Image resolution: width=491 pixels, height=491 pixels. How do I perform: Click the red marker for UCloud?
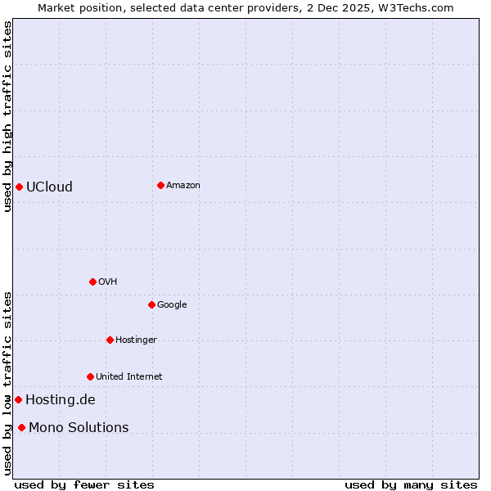(19, 187)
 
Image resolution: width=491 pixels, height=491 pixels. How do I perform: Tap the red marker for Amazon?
(160, 185)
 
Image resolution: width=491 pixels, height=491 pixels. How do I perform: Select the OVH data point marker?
(92, 282)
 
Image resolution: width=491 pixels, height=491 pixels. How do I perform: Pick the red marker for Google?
(151, 304)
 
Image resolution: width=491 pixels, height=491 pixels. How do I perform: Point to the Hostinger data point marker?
(110, 340)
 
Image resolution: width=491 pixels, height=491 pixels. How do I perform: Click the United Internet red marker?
(90, 376)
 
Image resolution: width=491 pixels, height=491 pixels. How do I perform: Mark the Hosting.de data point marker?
(18, 399)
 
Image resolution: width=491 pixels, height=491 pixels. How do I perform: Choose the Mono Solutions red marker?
(21, 427)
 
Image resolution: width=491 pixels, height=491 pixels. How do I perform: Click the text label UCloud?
(49, 187)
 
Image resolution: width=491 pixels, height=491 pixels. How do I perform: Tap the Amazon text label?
(183, 185)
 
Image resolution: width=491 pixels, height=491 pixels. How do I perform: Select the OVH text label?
(108, 282)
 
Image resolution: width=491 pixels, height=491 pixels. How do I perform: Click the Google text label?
(172, 304)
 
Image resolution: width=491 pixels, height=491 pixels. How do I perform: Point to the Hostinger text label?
(136, 340)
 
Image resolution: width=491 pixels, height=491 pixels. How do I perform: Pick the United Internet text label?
(128, 376)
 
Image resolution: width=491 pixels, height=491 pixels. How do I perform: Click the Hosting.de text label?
(61, 399)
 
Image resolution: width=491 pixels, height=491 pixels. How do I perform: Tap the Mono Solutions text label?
(79, 427)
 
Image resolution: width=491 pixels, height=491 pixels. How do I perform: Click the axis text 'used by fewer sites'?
(84, 484)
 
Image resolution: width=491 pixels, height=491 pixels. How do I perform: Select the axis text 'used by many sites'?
(411, 484)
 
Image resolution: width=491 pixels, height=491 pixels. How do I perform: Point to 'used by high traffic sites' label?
(7, 116)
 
